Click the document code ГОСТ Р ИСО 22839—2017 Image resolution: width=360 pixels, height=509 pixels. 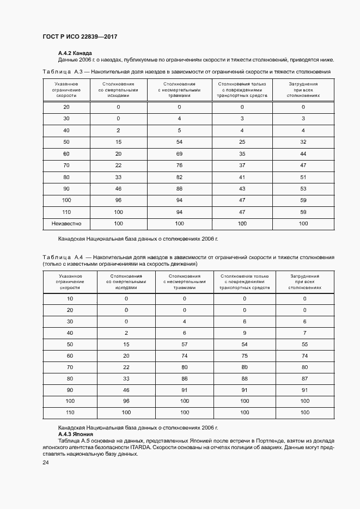tap(80, 36)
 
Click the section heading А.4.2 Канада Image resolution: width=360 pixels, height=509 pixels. tap(75, 53)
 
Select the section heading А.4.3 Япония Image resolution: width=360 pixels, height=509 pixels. tap(76, 434)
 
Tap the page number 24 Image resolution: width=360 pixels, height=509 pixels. tap(46, 463)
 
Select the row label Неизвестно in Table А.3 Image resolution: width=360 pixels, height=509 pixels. tap(66, 224)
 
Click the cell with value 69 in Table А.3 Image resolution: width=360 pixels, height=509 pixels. tap(179, 154)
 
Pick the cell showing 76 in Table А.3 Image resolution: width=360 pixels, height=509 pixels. tap(179, 165)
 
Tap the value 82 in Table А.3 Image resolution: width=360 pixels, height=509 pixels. tap(179, 177)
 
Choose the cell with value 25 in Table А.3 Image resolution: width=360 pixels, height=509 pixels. tap(242, 142)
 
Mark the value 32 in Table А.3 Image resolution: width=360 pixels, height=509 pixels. tap(303, 142)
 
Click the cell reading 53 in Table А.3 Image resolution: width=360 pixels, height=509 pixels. tap(303, 189)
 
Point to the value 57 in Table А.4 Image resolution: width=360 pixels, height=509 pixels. tap(185, 345)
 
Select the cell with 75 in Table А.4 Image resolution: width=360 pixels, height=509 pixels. tap(245, 356)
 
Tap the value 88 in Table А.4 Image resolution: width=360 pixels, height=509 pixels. tap(245, 378)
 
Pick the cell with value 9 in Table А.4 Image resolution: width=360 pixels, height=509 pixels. tap(245, 333)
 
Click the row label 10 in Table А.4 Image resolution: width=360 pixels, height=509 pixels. tap(70, 298)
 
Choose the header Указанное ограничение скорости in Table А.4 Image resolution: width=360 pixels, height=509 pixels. tap(70, 281)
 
